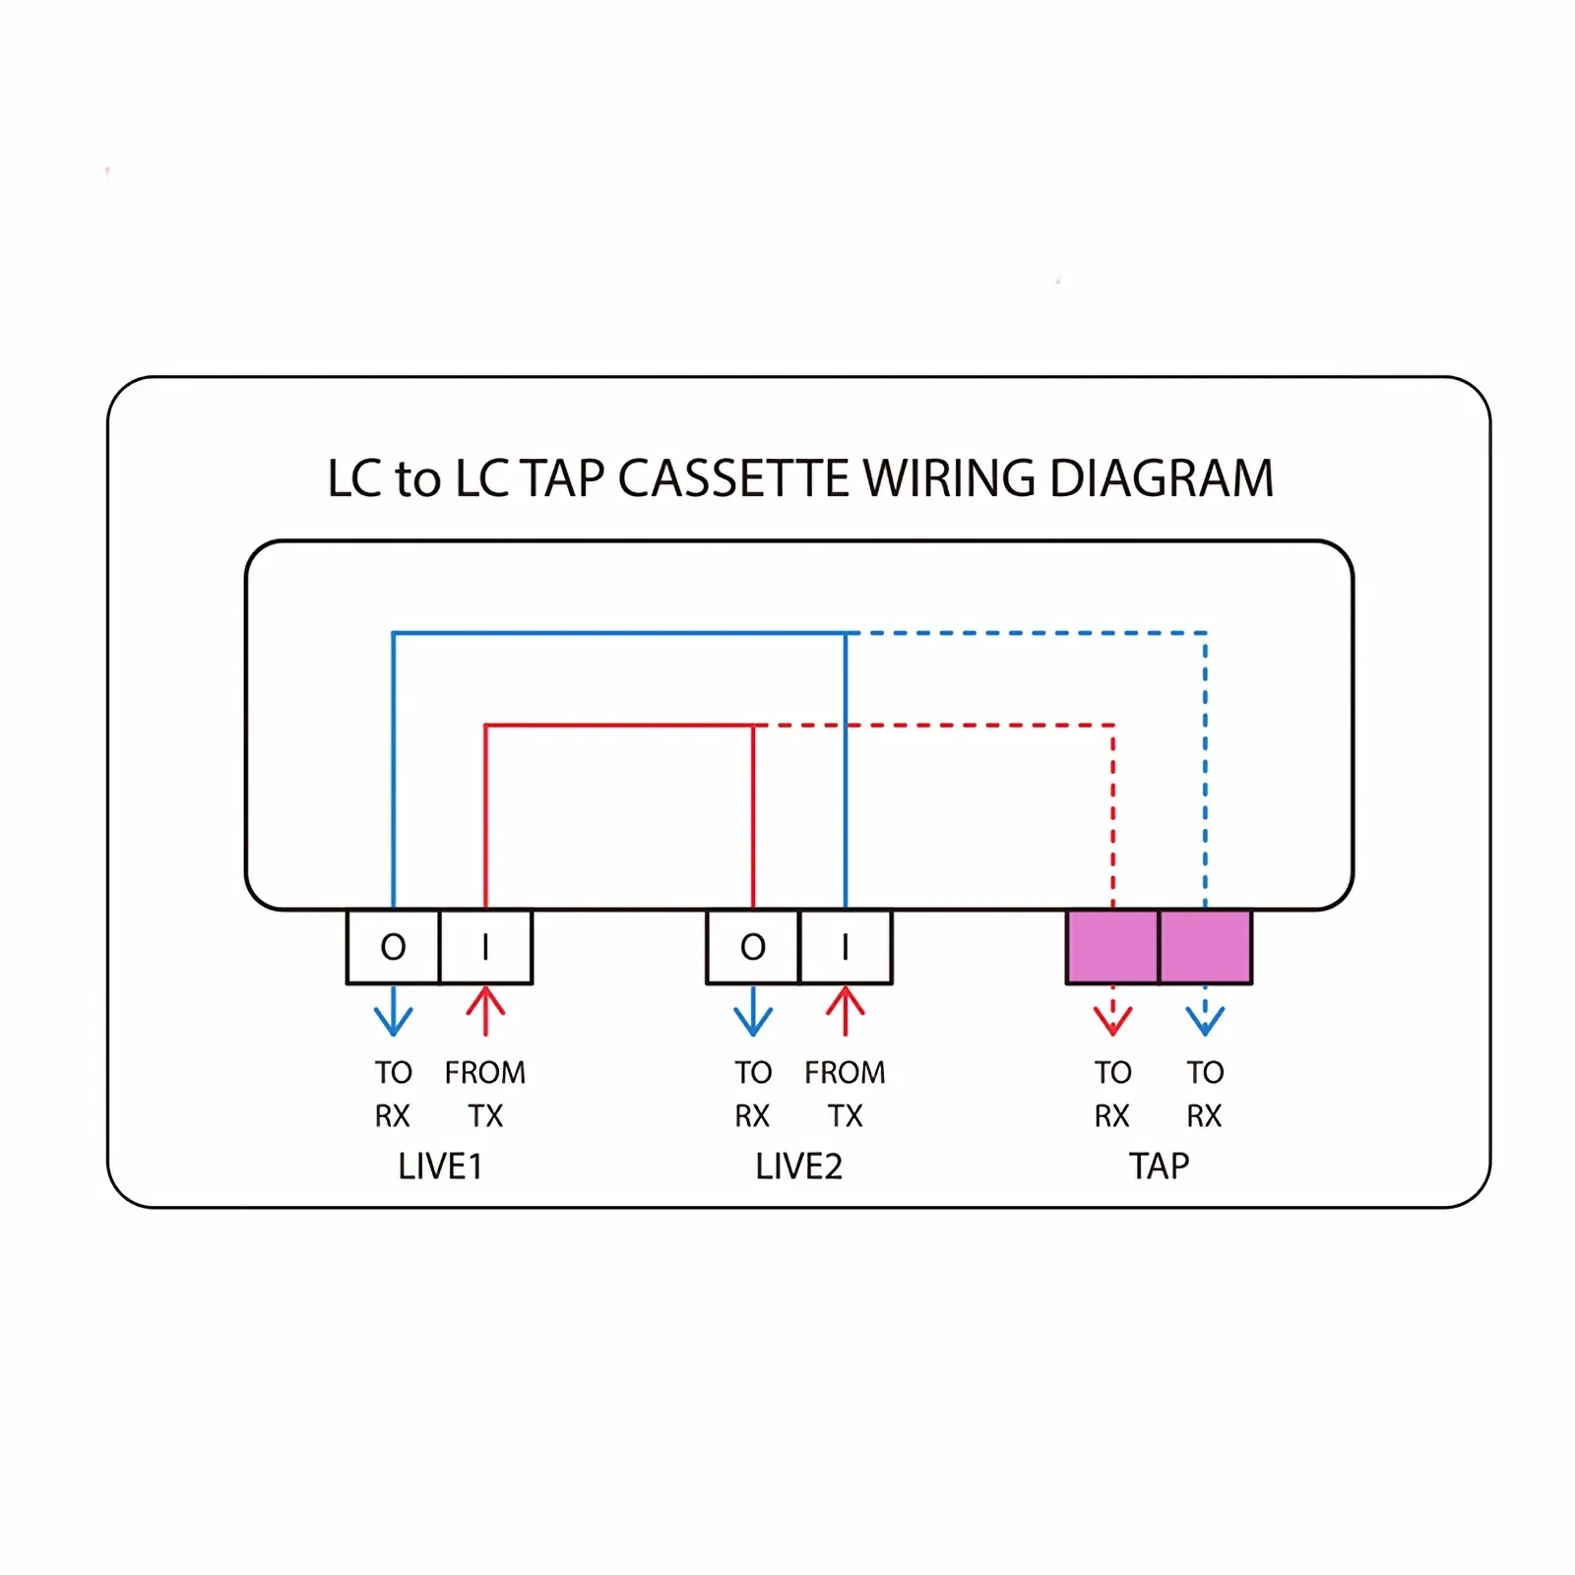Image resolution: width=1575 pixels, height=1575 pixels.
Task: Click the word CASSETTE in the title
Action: [733, 479]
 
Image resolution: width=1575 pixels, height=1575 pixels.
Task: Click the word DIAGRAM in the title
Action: [1162, 479]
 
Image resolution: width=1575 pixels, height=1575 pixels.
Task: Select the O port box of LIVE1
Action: [393, 947]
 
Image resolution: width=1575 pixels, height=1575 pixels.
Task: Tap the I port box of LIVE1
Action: [485, 947]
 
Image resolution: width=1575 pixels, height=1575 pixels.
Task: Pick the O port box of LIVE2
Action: [753, 947]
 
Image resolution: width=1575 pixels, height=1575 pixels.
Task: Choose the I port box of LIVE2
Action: [846, 947]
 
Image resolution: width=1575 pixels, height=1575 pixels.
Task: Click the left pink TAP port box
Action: [1112, 947]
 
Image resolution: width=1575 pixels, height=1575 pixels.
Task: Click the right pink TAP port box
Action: [1206, 947]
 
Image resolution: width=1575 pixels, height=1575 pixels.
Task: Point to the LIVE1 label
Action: [440, 1166]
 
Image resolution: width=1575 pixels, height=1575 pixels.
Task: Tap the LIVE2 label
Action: [799, 1166]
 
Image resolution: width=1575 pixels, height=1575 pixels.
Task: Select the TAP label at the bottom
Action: [1160, 1166]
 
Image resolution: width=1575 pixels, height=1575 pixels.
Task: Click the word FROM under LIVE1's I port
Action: [485, 1072]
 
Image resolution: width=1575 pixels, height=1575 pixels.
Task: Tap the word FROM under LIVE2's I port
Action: [846, 1072]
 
